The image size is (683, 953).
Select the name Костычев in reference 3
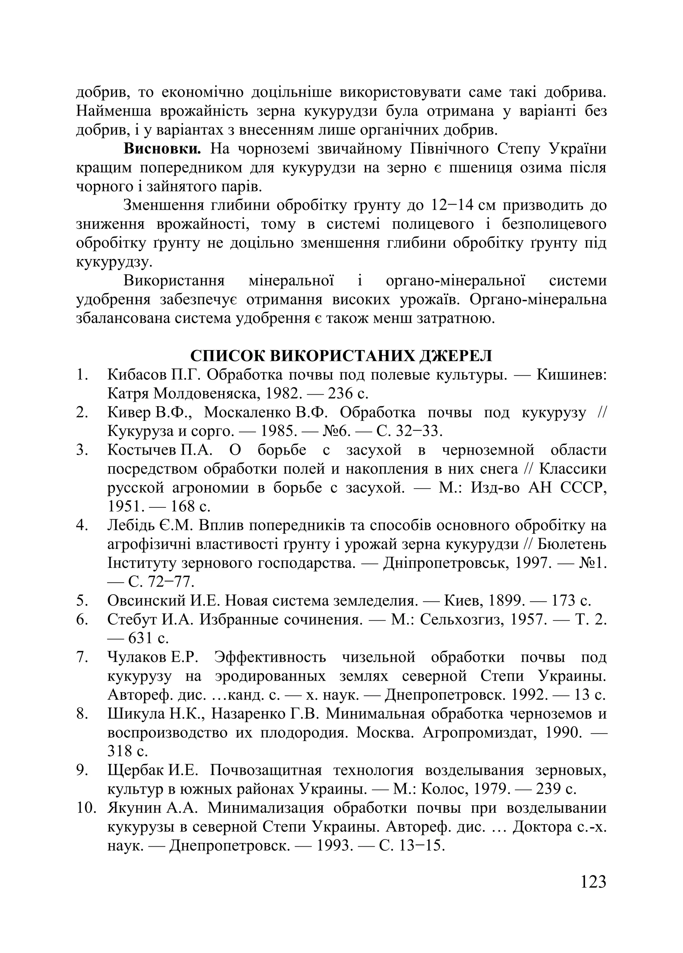(x=142, y=450)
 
